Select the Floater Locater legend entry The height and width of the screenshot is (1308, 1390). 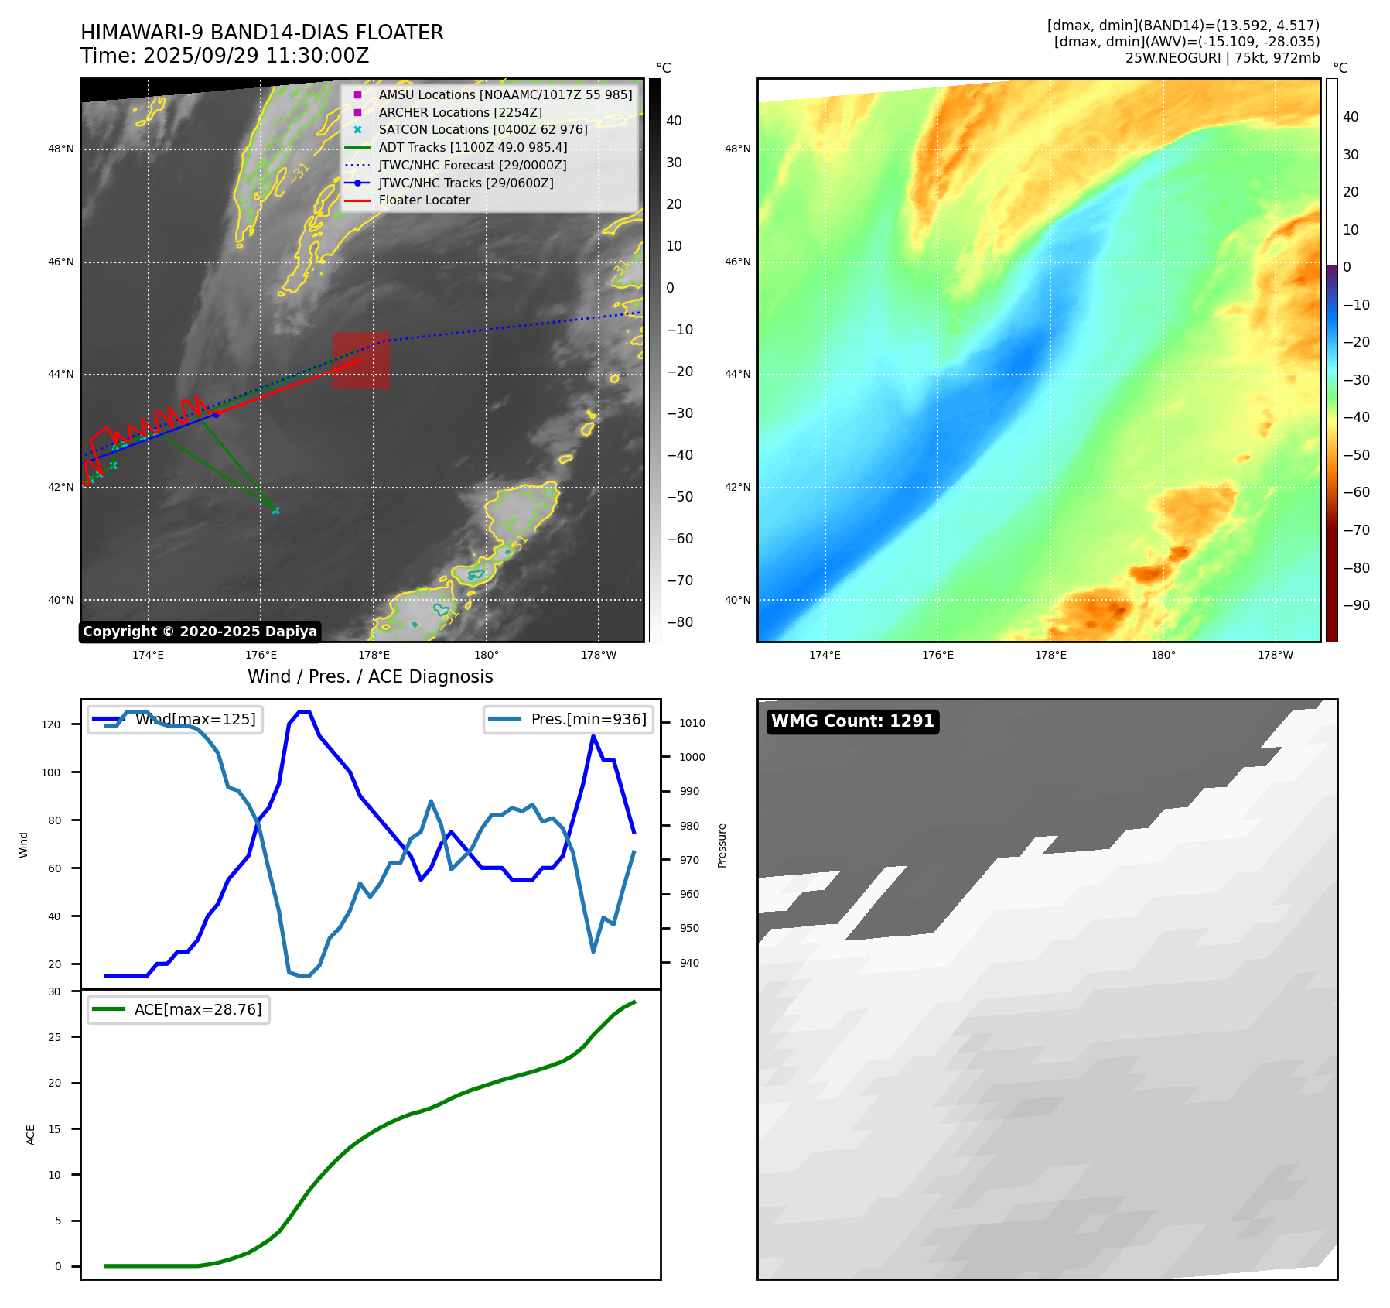424,200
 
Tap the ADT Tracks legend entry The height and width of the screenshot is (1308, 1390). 473,147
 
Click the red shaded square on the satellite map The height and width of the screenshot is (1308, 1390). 361,360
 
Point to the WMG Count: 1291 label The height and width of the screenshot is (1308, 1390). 852,721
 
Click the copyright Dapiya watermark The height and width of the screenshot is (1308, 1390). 200,632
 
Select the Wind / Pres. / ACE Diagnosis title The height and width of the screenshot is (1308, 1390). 370,676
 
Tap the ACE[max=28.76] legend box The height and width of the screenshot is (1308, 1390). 179,1009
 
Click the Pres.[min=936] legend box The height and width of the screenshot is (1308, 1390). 569,719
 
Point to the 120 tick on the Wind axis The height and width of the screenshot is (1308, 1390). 51,724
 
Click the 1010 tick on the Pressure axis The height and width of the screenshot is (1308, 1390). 692,723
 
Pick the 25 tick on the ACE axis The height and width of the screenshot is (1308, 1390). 54,1037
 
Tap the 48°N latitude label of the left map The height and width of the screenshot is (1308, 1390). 61,149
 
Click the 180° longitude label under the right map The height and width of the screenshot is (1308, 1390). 1163,655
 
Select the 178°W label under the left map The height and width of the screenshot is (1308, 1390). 599,655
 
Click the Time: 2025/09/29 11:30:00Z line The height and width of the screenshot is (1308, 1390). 224,56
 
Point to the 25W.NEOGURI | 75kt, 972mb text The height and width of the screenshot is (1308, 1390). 1222,58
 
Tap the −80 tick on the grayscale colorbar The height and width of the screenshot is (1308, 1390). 679,622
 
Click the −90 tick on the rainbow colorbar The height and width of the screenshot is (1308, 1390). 1356,605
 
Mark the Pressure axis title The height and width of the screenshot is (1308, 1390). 722,845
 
